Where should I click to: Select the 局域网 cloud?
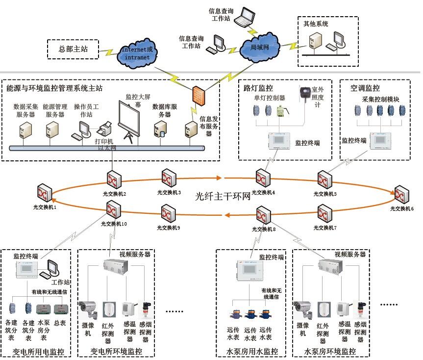[260, 48]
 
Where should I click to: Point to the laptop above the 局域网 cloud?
[244, 18]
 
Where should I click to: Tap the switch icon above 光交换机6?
[402, 194]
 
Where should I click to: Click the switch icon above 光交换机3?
[169, 178]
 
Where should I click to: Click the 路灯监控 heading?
[258, 88]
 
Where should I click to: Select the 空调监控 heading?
[365, 88]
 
